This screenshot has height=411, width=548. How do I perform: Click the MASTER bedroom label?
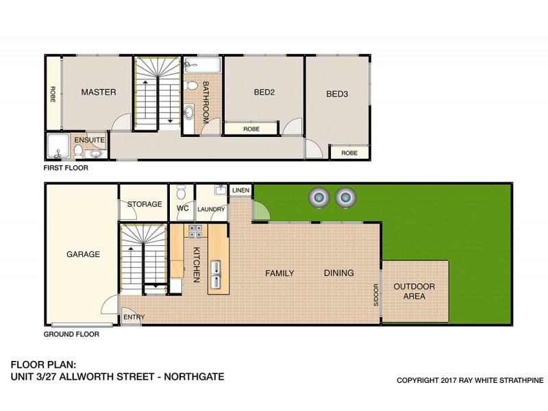pyautogui.click(x=99, y=92)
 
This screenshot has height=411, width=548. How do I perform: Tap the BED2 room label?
pyautogui.click(x=264, y=92)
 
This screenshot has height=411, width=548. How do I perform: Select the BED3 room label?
pyautogui.click(x=337, y=95)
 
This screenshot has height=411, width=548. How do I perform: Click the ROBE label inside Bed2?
pyautogui.click(x=251, y=128)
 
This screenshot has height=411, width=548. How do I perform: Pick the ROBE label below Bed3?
pyautogui.click(x=349, y=153)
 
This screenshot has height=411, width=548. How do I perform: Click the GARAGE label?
pyautogui.click(x=83, y=254)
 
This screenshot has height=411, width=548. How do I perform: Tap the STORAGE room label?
pyautogui.click(x=145, y=204)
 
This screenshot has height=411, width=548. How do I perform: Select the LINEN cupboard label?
pyautogui.click(x=240, y=190)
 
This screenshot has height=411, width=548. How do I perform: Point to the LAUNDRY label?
pyautogui.click(x=211, y=210)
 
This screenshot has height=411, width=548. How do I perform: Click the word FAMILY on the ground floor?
pyautogui.click(x=279, y=273)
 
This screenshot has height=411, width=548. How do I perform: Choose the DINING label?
pyautogui.click(x=339, y=273)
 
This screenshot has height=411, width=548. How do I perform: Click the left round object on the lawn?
pyautogui.click(x=319, y=197)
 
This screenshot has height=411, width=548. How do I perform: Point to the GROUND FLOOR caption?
pyautogui.click(x=71, y=335)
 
